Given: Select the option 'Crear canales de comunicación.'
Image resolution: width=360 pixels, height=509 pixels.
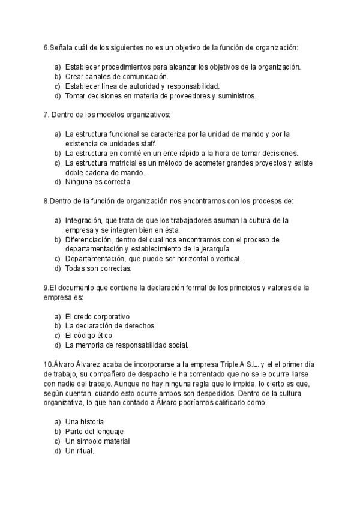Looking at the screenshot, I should coord(116,76).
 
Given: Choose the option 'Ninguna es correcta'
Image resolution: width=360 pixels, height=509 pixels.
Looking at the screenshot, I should coord(97,182).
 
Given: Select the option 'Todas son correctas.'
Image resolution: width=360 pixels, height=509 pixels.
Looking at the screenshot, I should coord(98,268).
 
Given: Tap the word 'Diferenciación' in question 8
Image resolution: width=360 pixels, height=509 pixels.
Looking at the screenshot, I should coord(88,239).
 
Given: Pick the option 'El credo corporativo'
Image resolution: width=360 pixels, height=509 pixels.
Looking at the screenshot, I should coord(97,316).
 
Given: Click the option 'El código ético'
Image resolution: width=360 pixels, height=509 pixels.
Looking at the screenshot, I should coord(88,336).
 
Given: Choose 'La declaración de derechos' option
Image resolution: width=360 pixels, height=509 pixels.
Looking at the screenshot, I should coord(109,326).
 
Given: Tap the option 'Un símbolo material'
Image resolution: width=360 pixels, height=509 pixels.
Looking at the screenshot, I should coord(97,441).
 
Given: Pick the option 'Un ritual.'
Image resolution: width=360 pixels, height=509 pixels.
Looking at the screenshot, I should coord(80,451).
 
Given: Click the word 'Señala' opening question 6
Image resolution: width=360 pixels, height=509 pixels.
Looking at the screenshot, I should coord(62,47).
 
